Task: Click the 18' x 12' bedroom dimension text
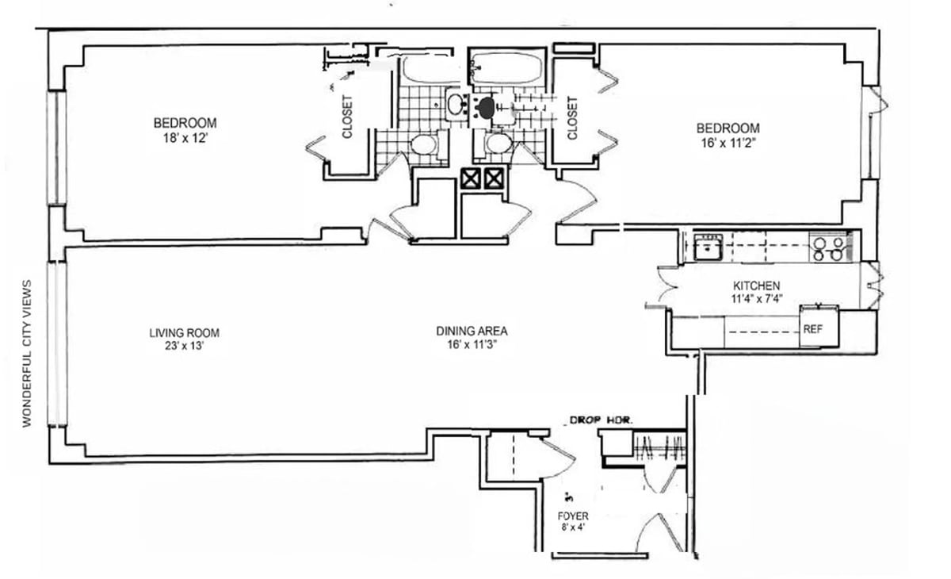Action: tap(185, 138)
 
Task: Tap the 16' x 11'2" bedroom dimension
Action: tap(728, 143)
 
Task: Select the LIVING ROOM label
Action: tap(184, 332)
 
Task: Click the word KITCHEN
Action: tap(756, 286)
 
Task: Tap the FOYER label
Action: tap(573, 516)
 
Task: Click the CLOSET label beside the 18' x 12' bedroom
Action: tap(347, 117)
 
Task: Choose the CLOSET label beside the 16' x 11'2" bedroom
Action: tap(571, 117)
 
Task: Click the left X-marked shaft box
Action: tap(471, 179)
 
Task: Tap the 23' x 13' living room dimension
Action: tap(184, 346)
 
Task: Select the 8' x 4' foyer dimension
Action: tap(573, 527)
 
